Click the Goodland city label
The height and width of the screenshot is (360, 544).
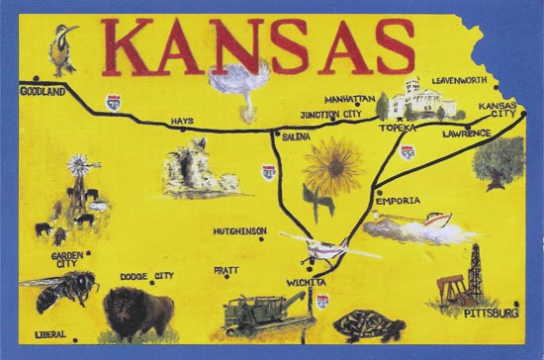42,91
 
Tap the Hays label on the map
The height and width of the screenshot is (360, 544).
181,121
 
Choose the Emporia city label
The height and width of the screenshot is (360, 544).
398,201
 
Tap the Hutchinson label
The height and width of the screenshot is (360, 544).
239,231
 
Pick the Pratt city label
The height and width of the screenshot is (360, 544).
226,269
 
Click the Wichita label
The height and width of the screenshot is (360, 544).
300,282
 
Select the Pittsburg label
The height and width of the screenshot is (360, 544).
492,313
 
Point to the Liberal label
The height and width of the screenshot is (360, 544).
51,332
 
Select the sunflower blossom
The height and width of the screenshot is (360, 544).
332,165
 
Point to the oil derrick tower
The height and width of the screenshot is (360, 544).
476,272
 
